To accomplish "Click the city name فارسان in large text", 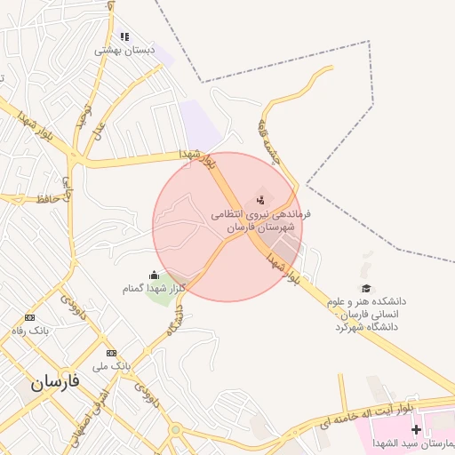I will pos(55,382).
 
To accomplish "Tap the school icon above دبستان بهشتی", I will pos(124,36).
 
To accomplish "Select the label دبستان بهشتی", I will pos(125,51).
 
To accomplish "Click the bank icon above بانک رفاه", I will pos(30,317).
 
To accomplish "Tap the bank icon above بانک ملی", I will pos(110,353).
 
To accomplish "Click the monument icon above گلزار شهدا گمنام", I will pos(156,275).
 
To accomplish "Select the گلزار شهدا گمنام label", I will pos(153,289).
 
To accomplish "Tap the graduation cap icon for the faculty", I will pos(365,288).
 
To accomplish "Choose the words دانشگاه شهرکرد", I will pos(366,326).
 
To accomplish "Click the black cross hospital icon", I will pos(416,429).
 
